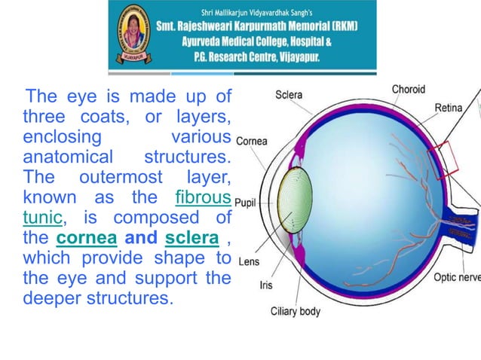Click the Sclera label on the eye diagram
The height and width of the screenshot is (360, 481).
290,95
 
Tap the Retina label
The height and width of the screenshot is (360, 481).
448,108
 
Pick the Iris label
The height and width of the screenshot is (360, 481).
266,286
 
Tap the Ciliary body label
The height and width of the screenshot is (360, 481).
296,311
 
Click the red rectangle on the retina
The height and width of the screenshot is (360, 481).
442,160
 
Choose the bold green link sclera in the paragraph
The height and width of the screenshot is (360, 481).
191,238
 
